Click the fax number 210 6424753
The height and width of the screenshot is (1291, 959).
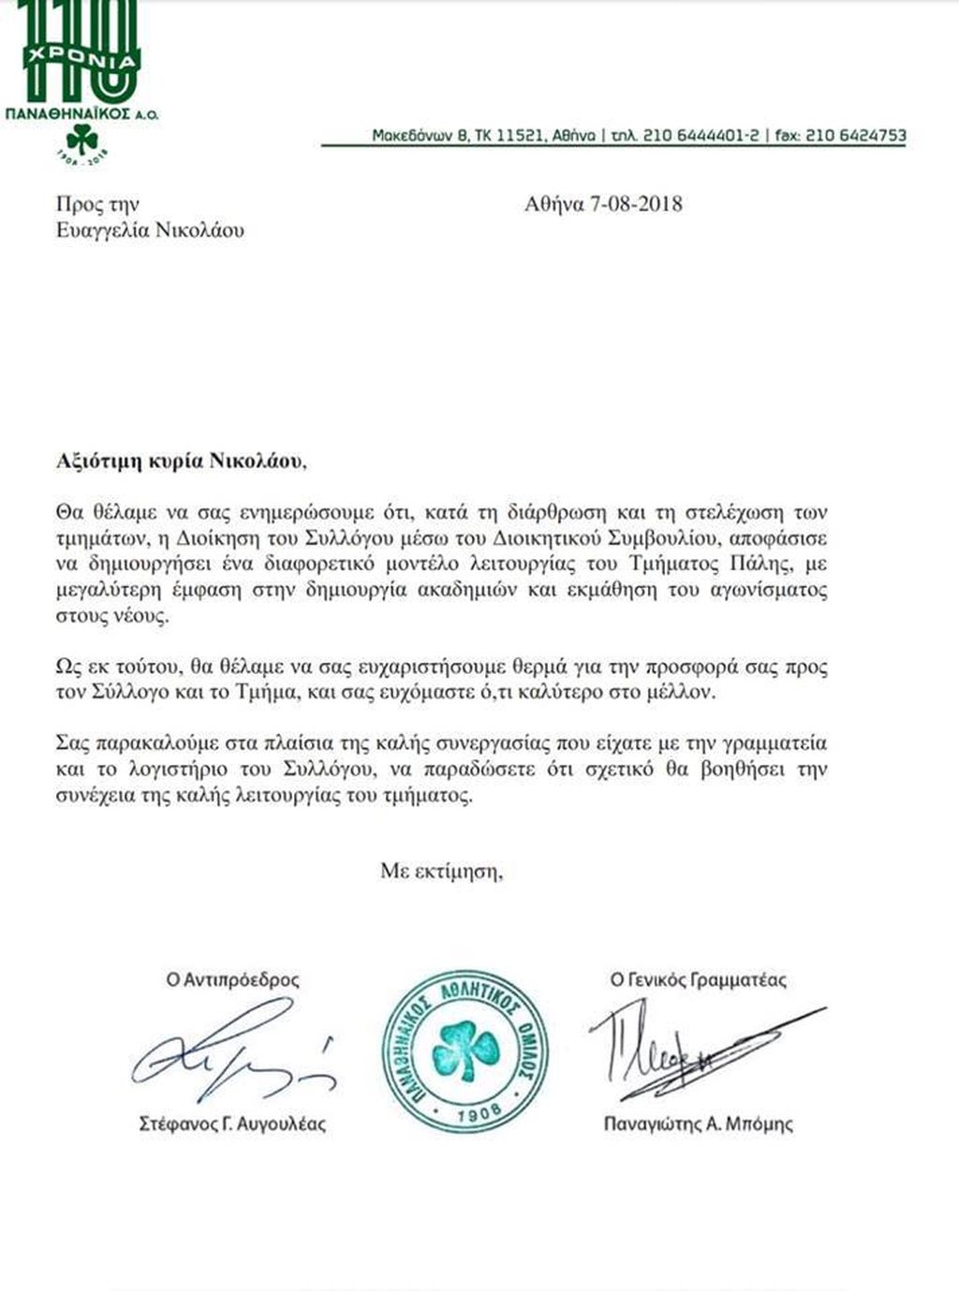(855, 135)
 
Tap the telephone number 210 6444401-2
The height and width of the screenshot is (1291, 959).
(698, 135)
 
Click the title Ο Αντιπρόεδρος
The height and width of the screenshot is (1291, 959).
(233, 980)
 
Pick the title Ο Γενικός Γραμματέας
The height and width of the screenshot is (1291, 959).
(698, 980)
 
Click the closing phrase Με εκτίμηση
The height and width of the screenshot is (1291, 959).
(441, 871)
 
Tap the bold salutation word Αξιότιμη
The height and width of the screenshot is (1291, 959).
(94, 461)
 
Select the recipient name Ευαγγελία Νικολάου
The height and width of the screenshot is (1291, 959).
(150, 230)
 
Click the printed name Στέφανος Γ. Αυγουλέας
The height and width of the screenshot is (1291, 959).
(232, 1123)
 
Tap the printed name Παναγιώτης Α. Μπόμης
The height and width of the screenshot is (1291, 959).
(698, 1123)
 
